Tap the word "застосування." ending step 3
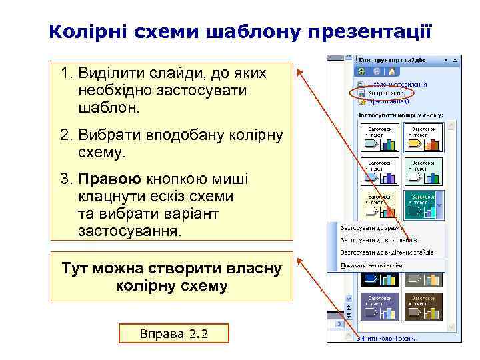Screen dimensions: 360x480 tap(129, 231)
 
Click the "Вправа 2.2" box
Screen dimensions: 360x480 tap(173, 333)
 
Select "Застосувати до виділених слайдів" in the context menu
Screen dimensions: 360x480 tap(387, 253)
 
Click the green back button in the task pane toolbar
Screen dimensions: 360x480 tap(361, 71)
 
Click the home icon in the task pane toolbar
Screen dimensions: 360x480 tap(393, 71)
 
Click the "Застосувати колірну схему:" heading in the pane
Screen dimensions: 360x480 tap(400, 115)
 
